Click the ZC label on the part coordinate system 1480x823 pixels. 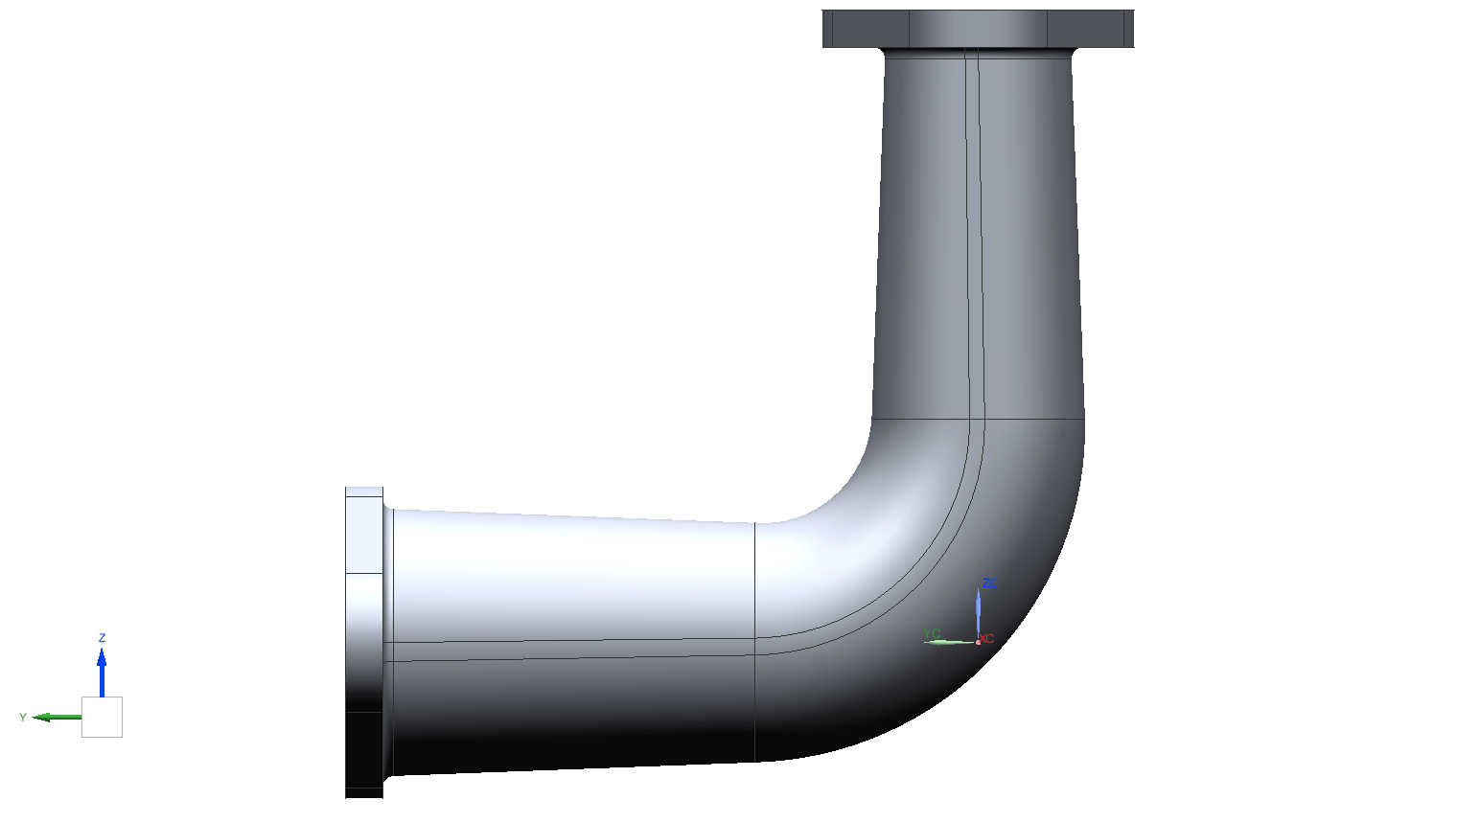click(989, 583)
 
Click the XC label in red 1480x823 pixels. click(987, 639)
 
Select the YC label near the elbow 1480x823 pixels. click(931, 633)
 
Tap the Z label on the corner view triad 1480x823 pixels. click(102, 638)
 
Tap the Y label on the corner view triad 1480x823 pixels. click(23, 718)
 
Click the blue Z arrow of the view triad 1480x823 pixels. click(102, 671)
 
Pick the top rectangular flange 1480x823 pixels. click(978, 28)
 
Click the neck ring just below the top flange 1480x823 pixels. click(978, 52)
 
